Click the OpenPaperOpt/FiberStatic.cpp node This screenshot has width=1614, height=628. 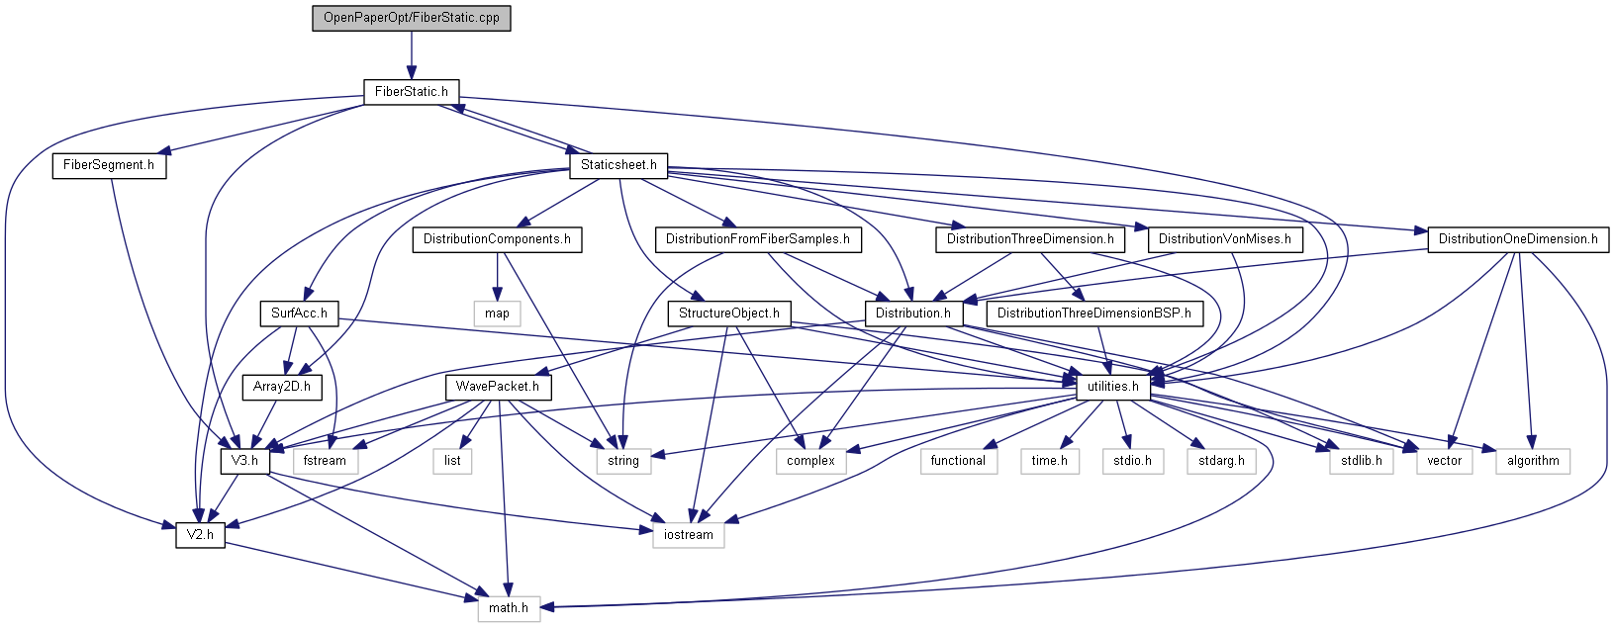click(412, 18)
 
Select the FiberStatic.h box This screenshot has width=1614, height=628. click(412, 91)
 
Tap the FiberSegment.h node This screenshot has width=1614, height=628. click(109, 165)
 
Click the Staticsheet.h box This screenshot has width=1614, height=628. click(618, 165)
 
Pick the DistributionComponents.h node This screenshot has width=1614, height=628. click(497, 239)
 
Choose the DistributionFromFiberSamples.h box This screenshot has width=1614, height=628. click(758, 239)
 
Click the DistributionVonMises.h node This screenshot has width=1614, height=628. click(1224, 239)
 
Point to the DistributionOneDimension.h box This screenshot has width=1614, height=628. click(1517, 239)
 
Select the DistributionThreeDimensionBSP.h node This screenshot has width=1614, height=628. click(1093, 314)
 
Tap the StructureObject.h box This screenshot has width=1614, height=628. click(729, 314)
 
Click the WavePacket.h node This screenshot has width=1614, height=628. click(498, 387)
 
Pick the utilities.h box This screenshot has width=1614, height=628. click(1113, 387)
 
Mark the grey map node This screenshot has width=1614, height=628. click(497, 314)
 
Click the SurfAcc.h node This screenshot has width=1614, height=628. click(299, 314)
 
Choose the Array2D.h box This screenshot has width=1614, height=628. click(282, 387)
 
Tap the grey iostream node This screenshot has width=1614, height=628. click(688, 535)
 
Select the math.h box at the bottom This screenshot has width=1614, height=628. click(509, 608)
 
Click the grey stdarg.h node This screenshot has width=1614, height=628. click(1221, 461)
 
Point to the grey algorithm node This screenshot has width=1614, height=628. click(1533, 461)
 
